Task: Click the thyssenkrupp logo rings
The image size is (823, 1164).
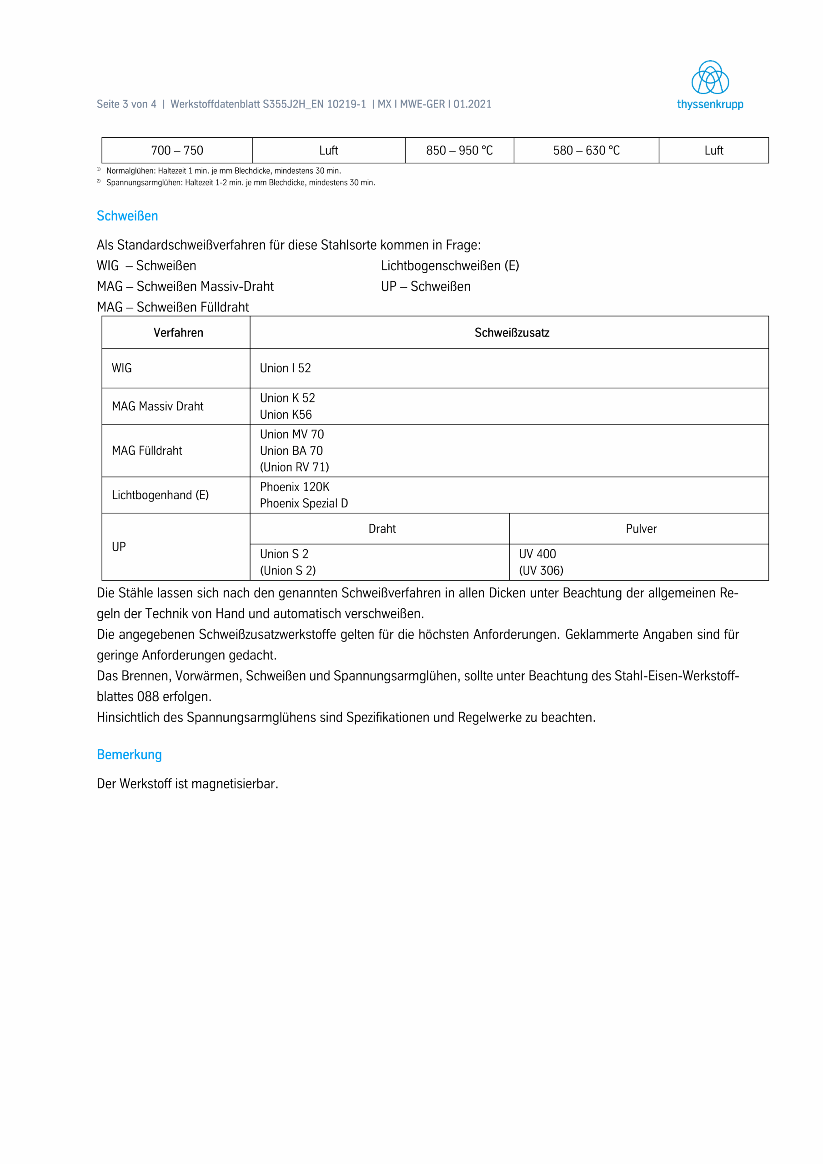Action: [x=710, y=78]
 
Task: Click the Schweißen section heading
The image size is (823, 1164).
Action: [x=127, y=216]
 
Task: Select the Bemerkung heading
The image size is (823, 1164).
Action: [x=129, y=754]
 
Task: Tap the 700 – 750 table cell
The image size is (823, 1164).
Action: [x=177, y=151]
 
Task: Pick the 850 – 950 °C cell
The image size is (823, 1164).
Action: [x=459, y=151]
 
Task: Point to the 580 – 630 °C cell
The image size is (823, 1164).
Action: [x=586, y=151]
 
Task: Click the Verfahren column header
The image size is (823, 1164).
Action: [x=179, y=332]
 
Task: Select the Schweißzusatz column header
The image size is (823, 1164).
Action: [x=512, y=332]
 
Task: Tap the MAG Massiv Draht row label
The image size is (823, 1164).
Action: [x=157, y=406]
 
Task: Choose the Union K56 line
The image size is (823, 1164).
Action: [x=286, y=415]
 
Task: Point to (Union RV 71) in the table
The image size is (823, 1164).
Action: [x=294, y=467]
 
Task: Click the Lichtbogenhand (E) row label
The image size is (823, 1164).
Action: [x=160, y=495]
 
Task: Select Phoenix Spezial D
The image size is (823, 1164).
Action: [x=304, y=503]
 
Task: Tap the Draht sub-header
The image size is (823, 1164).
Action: [x=382, y=529]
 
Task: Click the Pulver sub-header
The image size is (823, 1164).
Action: [x=641, y=529]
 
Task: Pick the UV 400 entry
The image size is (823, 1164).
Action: [x=537, y=554]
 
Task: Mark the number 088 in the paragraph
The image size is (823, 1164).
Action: [x=148, y=697]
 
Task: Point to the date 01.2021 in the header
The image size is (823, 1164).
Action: [x=472, y=104]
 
